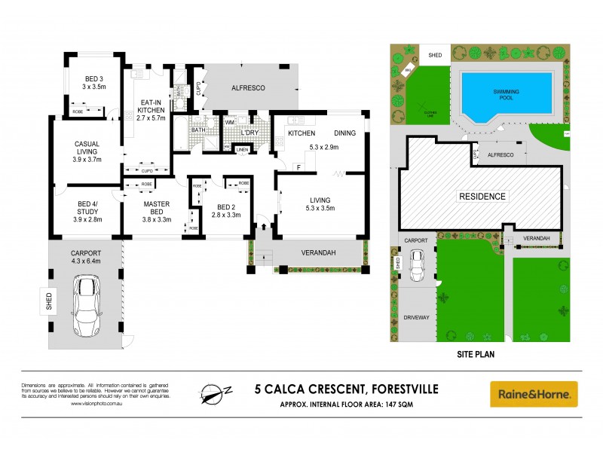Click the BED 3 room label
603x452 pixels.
click(78, 76)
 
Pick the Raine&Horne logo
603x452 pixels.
click(534, 394)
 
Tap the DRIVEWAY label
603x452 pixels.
click(415, 317)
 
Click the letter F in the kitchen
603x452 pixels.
click(298, 166)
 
